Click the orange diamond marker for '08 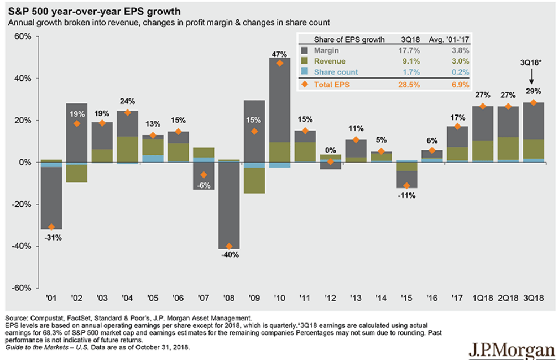click(x=229, y=246)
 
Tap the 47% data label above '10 click(x=280, y=54)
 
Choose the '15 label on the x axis click(x=407, y=298)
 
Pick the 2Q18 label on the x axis click(x=508, y=298)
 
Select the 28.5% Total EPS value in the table click(x=410, y=85)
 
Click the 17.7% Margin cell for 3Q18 click(x=410, y=50)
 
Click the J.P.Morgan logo click(x=512, y=350)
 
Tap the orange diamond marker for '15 click(x=407, y=186)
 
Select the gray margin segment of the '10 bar click(x=280, y=100)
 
